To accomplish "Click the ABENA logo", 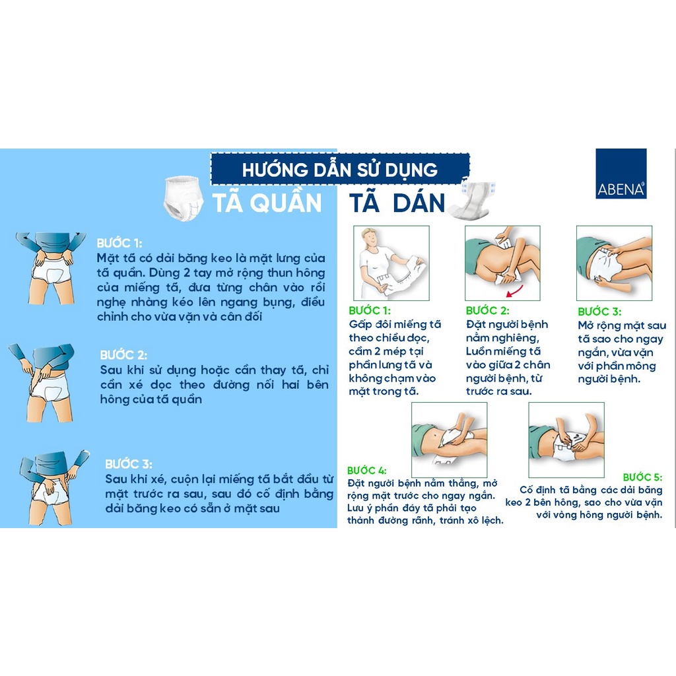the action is coord(621,174).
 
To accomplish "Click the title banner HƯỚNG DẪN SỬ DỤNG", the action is coord(340,168).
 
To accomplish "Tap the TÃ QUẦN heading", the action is coord(267,203).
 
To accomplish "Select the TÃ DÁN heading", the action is coord(397,203).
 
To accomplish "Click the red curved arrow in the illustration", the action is coord(515,292).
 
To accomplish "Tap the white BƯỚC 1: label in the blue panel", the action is coord(119,243).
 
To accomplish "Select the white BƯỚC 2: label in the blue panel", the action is coord(123,355).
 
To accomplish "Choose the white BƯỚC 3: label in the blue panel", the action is coord(129,464).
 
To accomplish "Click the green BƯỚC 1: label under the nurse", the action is coord(370,310).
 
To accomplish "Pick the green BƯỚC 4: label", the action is coord(366,470).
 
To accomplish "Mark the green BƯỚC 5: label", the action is coord(642,477).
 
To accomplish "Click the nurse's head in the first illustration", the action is coord(371,238).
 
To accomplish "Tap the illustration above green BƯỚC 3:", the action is coord(614,263).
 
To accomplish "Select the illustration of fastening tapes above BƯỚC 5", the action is coord(566,440).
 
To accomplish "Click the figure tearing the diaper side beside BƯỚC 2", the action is coord(43,382).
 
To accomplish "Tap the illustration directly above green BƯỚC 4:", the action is coord(449,440).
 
